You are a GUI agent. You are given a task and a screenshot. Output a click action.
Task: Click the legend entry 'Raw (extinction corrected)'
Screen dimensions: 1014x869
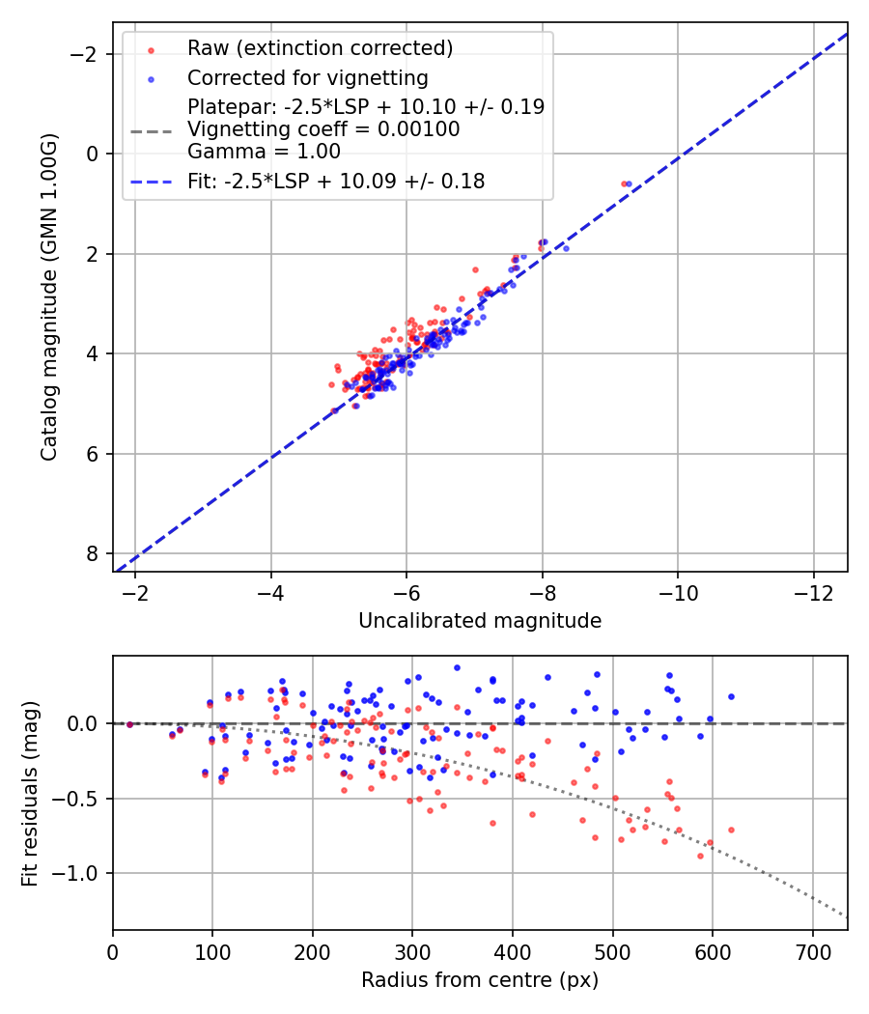click(x=320, y=48)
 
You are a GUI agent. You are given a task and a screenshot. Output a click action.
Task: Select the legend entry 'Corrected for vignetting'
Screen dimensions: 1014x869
click(x=307, y=77)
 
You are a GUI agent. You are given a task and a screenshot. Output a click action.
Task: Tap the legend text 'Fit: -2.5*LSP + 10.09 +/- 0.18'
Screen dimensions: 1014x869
click(x=336, y=181)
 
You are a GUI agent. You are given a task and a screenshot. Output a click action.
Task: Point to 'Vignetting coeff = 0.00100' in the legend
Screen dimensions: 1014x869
click(x=323, y=128)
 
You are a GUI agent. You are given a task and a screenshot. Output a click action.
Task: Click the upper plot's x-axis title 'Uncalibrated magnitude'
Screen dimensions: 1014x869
click(x=480, y=621)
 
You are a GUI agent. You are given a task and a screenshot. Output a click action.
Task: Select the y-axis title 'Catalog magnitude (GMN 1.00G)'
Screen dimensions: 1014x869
click(x=49, y=297)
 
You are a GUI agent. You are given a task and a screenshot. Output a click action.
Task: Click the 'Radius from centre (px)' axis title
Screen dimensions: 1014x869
click(x=480, y=980)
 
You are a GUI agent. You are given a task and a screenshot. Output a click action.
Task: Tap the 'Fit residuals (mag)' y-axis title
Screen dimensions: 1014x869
click(x=30, y=793)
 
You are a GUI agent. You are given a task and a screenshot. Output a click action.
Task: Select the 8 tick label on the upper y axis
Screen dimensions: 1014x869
click(x=92, y=553)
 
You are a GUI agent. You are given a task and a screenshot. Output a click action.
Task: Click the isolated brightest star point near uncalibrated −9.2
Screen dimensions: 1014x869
click(x=627, y=183)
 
